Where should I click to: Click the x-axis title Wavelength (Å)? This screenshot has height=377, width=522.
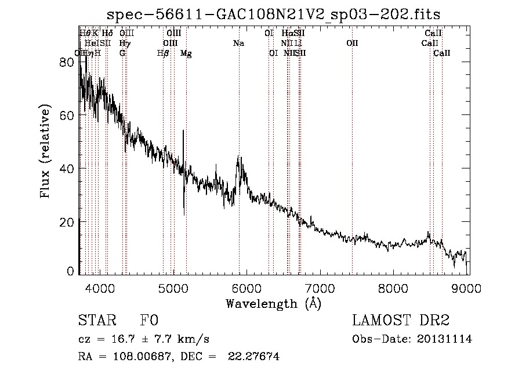tap(273, 303)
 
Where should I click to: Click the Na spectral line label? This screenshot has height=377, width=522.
tap(238, 44)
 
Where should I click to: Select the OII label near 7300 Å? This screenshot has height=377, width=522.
tap(352, 44)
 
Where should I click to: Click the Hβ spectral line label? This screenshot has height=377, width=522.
tap(164, 53)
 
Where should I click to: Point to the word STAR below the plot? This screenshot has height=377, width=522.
tap(93, 321)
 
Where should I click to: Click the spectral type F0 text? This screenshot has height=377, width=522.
tap(148, 321)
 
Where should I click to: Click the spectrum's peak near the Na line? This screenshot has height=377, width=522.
tap(239, 157)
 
